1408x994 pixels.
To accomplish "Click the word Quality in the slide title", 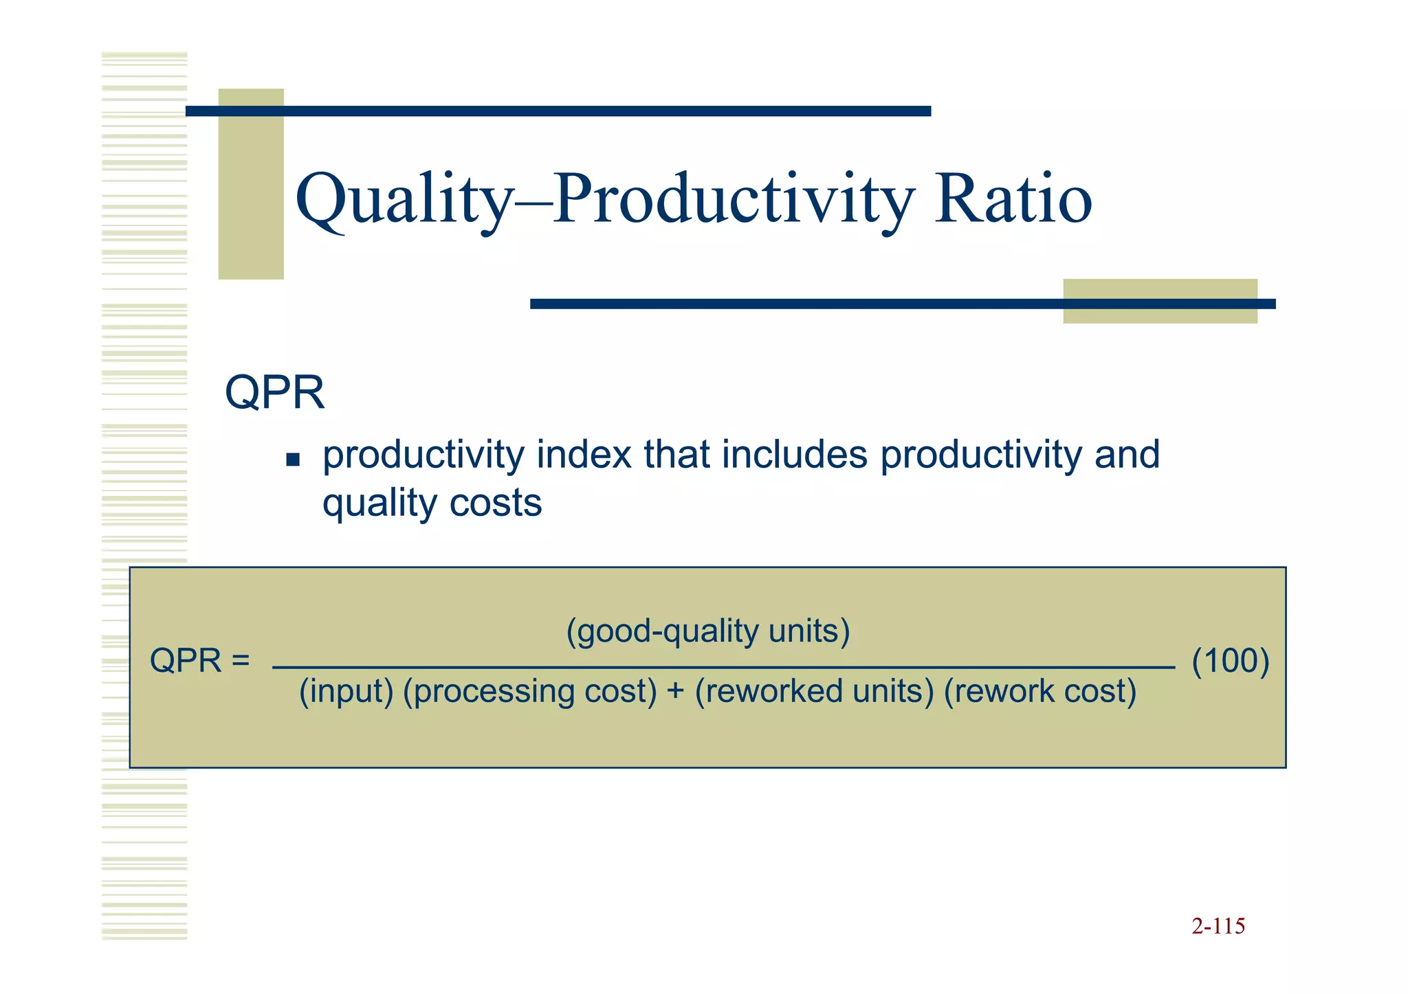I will point(403,200).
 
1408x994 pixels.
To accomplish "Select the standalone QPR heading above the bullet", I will point(274,393).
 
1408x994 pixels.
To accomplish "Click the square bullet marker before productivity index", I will point(293,459).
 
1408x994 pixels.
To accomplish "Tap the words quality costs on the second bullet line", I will point(432,503).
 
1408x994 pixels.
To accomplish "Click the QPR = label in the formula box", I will point(199,661).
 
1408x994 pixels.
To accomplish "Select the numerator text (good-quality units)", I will point(707,631).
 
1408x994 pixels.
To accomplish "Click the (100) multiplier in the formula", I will point(1230,661).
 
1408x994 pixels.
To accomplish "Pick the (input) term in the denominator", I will point(346,691).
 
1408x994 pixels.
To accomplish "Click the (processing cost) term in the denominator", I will point(530,691).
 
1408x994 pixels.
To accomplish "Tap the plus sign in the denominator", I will point(675,691).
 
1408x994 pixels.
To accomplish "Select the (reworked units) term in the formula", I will point(814,691).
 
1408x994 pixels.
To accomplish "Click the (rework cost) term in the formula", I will point(1039,691).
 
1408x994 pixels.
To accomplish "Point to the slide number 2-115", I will point(1218,926).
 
